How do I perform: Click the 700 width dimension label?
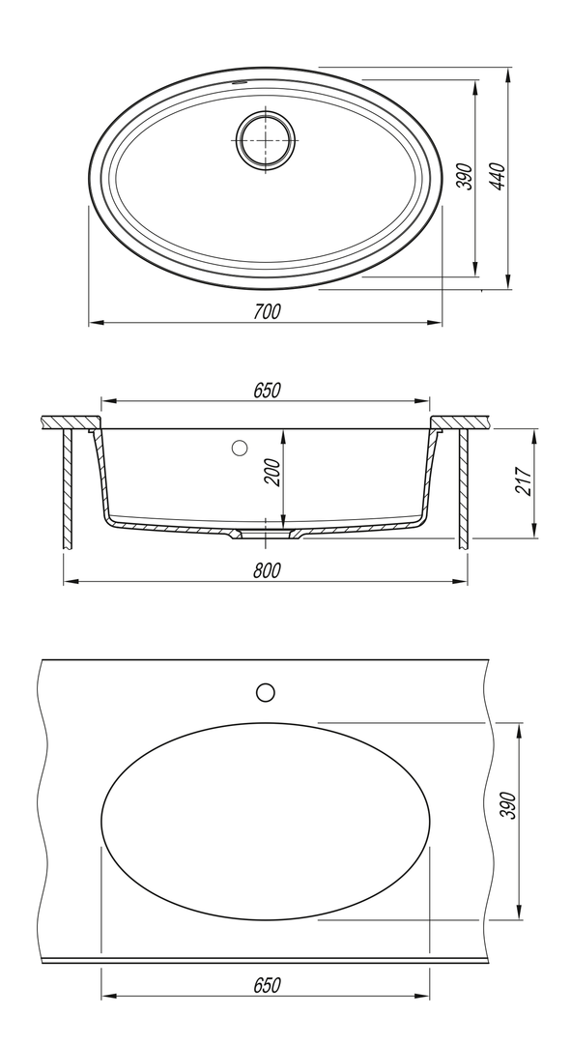coord(267,311)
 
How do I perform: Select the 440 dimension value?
coord(500,176)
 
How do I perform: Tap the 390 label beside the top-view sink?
coord(466,177)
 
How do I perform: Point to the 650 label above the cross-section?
coord(267,391)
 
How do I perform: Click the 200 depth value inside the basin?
coord(273,473)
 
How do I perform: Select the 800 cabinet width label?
coord(267,570)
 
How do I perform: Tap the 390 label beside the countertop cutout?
coord(508,805)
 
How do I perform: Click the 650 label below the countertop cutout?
coord(267,985)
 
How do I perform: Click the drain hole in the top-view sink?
coord(265,140)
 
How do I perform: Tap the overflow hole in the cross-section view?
coord(240,449)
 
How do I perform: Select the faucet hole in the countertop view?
coord(266,692)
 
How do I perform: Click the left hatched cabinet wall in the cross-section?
coord(68,489)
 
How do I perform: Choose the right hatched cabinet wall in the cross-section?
coord(463,489)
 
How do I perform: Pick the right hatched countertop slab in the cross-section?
coord(461,422)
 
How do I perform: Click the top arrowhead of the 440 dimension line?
coord(508,73)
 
